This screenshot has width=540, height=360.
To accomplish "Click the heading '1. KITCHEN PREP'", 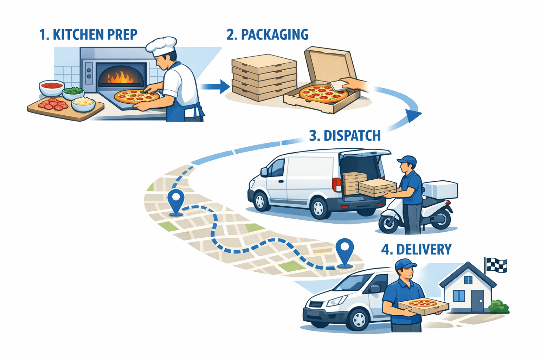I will (x=88, y=35).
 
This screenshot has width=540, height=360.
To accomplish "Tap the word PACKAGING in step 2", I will (x=275, y=35).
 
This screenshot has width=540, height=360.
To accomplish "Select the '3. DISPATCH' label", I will (x=345, y=136).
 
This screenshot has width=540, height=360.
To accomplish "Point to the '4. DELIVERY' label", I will (x=416, y=249).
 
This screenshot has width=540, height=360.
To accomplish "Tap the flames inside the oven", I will (x=120, y=77).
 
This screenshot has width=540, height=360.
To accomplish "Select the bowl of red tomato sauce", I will (x=51, y=87).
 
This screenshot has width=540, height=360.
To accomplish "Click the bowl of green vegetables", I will (x=73, y=92).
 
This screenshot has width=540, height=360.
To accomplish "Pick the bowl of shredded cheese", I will (x=83, y=103).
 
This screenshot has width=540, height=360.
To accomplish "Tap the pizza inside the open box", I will (x=323, y=93).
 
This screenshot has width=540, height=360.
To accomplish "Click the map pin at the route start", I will (x=176, y=200).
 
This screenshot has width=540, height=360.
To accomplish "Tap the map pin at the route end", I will (x=345, y=250).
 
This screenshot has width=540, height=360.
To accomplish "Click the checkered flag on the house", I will (x=496, y=265).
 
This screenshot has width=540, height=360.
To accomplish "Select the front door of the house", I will (x=477, y=301).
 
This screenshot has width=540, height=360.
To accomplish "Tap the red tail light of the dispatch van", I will (x=336, y=185).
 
